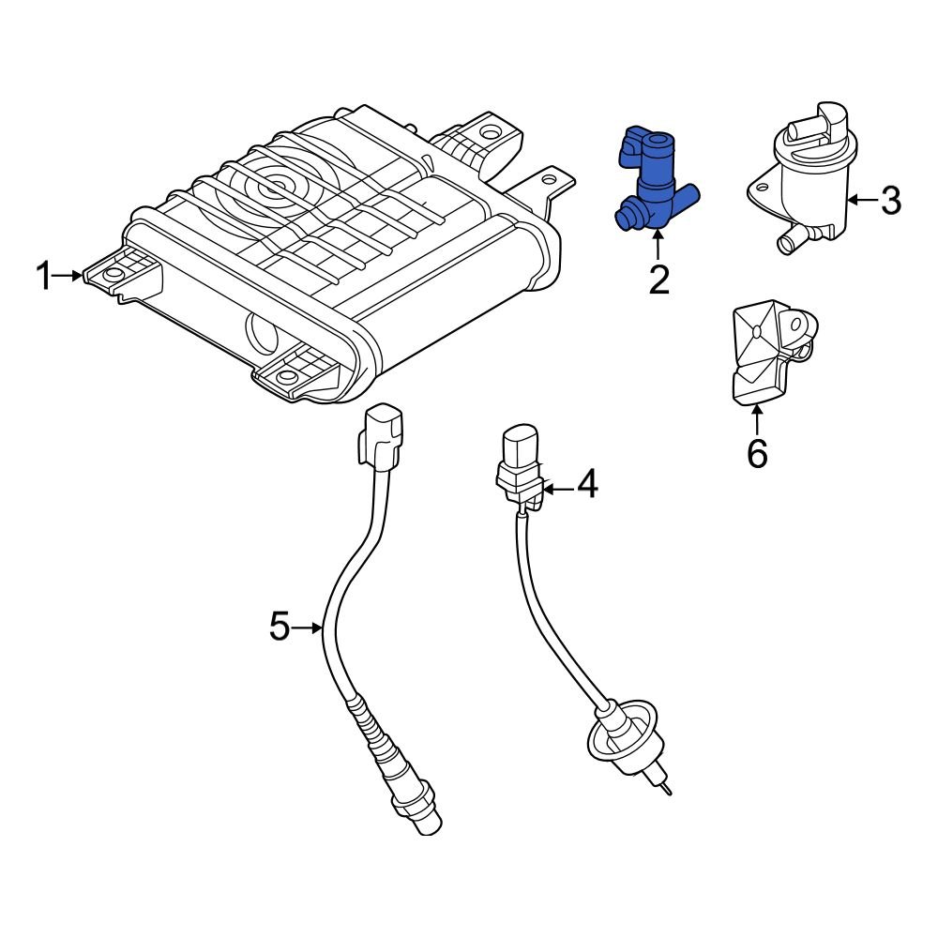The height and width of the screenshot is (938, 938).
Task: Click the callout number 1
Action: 42,277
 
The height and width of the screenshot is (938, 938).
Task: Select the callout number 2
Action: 659,280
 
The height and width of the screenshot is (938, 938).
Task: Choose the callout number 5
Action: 280,626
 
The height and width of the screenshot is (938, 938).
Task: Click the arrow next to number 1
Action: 70,276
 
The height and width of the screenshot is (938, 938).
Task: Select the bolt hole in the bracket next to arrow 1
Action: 113,276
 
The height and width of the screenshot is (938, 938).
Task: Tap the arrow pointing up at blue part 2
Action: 658,246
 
